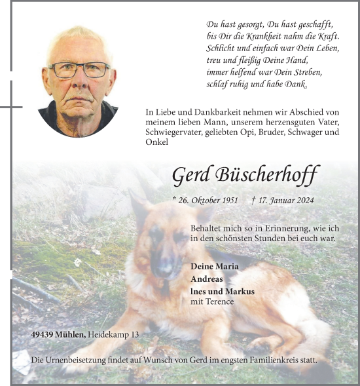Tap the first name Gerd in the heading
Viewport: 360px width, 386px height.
[x=190, y=175]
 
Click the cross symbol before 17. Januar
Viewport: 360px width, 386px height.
[x=252, y=201]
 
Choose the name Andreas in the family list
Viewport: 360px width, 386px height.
[x=206, y=279]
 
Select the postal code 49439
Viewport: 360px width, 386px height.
[x=43, y=335]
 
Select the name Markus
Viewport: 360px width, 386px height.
[x=240, y=292]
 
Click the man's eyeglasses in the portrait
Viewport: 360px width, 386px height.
[x=79, y=69]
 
